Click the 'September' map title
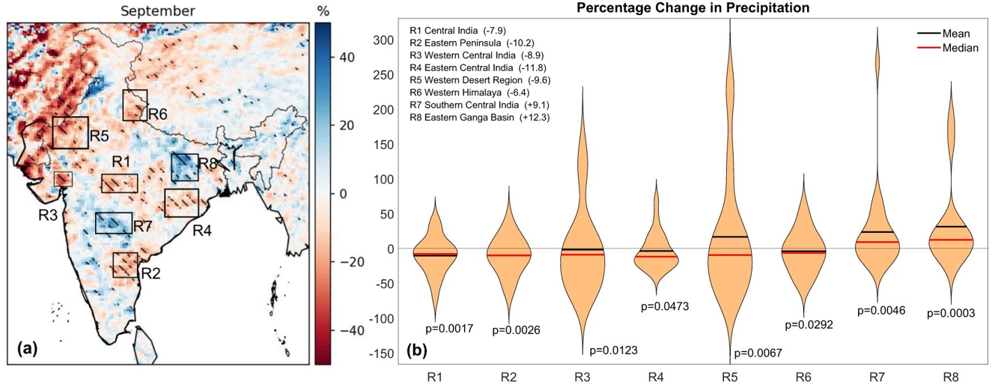(x=159, y=11)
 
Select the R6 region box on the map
(x=136, y=106)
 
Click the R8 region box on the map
(x=184, y=167)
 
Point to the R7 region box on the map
(x=114, y=223)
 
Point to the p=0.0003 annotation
(x=952, y=314)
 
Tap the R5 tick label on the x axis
(x=730, y=378)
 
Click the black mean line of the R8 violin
(x=952, y=226)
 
